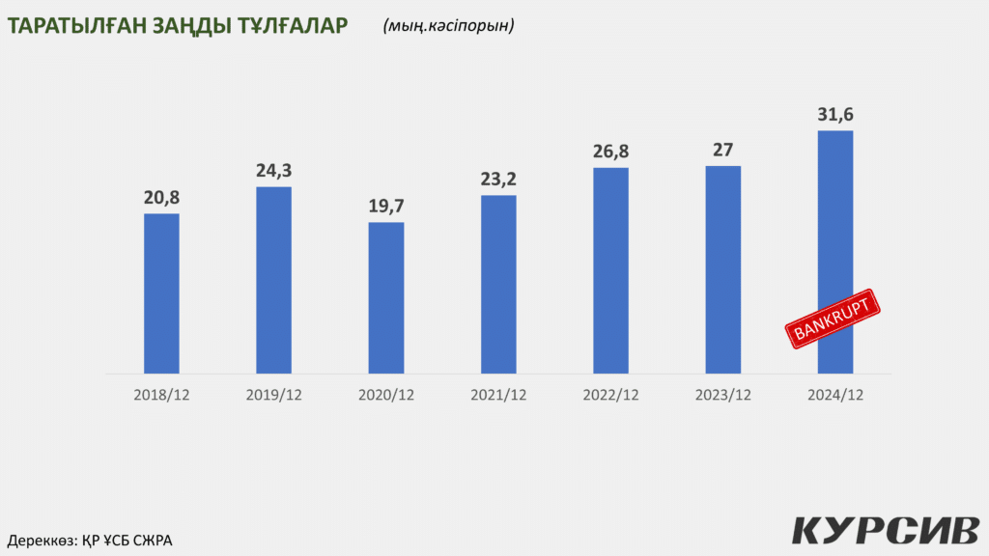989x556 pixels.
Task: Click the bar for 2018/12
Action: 161,293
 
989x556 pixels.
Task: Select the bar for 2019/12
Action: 273,280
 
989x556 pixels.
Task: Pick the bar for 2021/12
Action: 498,285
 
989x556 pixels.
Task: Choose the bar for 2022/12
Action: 610,270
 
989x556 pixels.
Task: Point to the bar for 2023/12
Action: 723,269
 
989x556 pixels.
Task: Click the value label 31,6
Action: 835,115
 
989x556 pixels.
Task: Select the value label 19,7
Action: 386,207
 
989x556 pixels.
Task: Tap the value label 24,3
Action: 273,171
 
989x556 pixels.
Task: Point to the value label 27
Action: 723,150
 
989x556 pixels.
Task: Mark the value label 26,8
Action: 610,152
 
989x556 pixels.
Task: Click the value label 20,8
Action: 161,198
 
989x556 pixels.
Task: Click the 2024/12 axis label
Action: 835,395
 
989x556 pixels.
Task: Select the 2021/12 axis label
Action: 498,395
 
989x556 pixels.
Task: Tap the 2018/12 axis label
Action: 161,395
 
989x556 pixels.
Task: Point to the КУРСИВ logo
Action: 885,531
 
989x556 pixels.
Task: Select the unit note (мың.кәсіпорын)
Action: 448,26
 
